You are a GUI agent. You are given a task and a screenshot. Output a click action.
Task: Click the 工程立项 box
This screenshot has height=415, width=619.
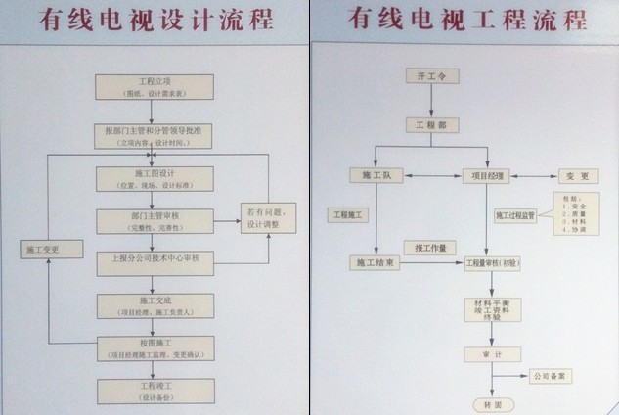(x=154, y=87)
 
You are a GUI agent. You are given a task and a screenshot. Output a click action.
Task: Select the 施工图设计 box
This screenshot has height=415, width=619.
(x=154, y=179)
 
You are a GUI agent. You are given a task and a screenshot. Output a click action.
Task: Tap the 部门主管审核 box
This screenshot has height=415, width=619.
(x=154, y=221)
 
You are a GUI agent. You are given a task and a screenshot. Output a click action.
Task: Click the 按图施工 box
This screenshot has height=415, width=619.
(x=154, y=347)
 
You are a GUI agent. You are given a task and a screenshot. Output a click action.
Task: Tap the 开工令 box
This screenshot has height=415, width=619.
(x=428, y=76)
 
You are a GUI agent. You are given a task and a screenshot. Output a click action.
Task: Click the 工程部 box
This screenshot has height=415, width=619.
(x=428, y=124)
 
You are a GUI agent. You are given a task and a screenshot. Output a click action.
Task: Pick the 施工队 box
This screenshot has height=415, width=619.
(x=376, y=176)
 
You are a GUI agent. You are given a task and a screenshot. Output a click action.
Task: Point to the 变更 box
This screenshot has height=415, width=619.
(x=578, y=176)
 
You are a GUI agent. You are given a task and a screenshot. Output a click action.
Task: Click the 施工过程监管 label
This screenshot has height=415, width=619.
(x=515, y=214)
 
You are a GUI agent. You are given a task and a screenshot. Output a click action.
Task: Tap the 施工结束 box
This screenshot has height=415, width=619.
(x=376, y=263)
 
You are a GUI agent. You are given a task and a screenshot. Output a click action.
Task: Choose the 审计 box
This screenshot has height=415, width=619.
(x=485, y=353)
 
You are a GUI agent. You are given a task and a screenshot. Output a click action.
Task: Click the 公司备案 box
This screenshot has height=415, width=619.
(x=553, y=374)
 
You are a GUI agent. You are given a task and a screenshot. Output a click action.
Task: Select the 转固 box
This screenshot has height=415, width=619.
(x=485, y=403)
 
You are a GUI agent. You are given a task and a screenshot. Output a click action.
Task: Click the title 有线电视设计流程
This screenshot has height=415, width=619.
(x=155, y=22)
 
